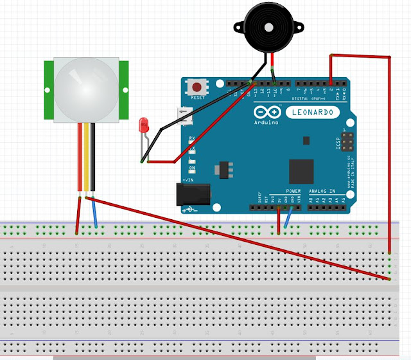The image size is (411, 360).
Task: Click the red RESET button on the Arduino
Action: pyautogui.click(x=197, y=86)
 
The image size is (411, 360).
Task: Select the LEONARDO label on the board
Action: pyautogui.click(x=313, y=113)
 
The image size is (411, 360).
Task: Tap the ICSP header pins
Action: pyautogui.click(x=347, y=139)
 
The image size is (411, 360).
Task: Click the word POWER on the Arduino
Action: pyautogui.click(x=293, y=191)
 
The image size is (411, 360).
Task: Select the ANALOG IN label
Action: pyautogui.click(x=323, y=191)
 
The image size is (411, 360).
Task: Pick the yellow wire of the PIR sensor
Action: pyautogui.click(x=86, y=157)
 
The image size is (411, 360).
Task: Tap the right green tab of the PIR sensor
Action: pyautogui.click(x=124, y=89)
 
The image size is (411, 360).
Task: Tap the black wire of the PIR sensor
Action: pyautogui.click(x=93, y=157)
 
